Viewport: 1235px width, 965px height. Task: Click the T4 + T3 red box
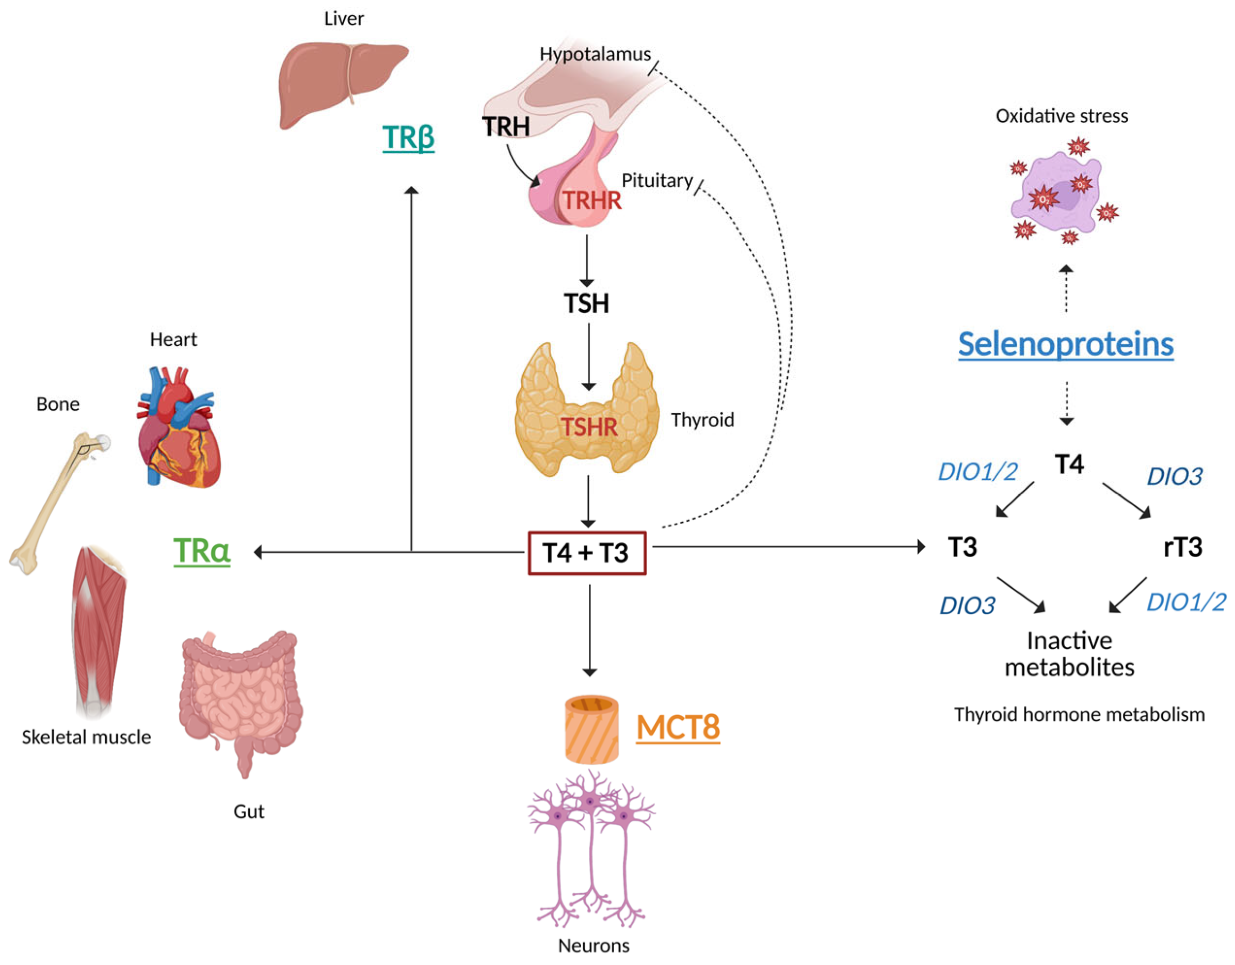587,553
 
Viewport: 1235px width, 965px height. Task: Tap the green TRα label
202,551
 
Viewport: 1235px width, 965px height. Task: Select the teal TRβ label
408,137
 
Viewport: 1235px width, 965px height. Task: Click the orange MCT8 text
678,727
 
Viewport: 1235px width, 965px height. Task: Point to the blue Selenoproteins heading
1065,344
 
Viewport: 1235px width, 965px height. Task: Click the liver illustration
339,82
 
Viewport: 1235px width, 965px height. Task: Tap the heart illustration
178,430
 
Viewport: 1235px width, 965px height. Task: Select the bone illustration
57,503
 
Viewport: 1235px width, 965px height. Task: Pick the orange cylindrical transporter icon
591,729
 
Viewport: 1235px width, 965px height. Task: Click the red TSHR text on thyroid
589,427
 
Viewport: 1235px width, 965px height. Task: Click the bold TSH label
586,303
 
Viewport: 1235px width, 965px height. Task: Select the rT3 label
1182,546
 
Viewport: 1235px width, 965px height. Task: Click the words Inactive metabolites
1069,654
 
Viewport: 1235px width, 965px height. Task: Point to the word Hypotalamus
595,54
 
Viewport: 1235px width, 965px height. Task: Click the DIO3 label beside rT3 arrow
1175,476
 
